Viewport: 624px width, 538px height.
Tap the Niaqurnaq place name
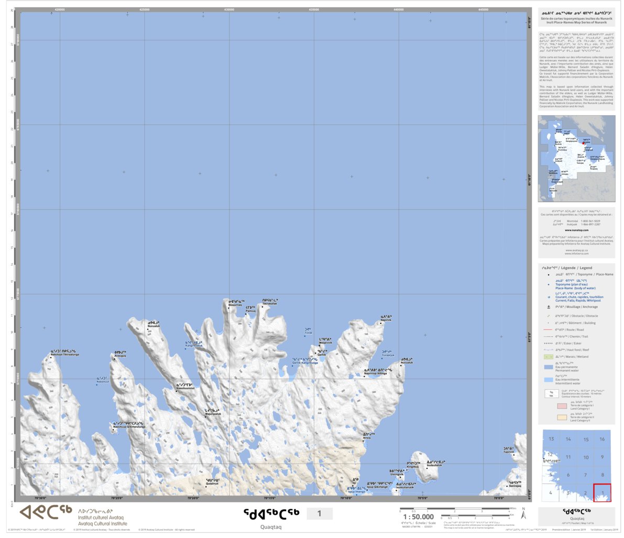point(235,303)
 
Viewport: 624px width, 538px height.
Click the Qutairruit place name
point(212,482)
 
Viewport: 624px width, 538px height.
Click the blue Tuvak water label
point(308,332)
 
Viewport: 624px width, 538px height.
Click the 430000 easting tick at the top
point(229,9)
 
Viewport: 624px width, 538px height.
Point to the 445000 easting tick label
point(483,9)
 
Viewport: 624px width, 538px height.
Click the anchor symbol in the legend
point(548,307)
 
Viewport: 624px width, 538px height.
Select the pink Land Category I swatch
point(562,405)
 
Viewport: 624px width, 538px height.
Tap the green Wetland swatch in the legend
point(548,357)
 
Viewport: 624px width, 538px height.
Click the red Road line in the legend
point(548,330)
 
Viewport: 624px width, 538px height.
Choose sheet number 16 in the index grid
point(602,439)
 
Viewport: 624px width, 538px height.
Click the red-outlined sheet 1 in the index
point(602,492)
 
